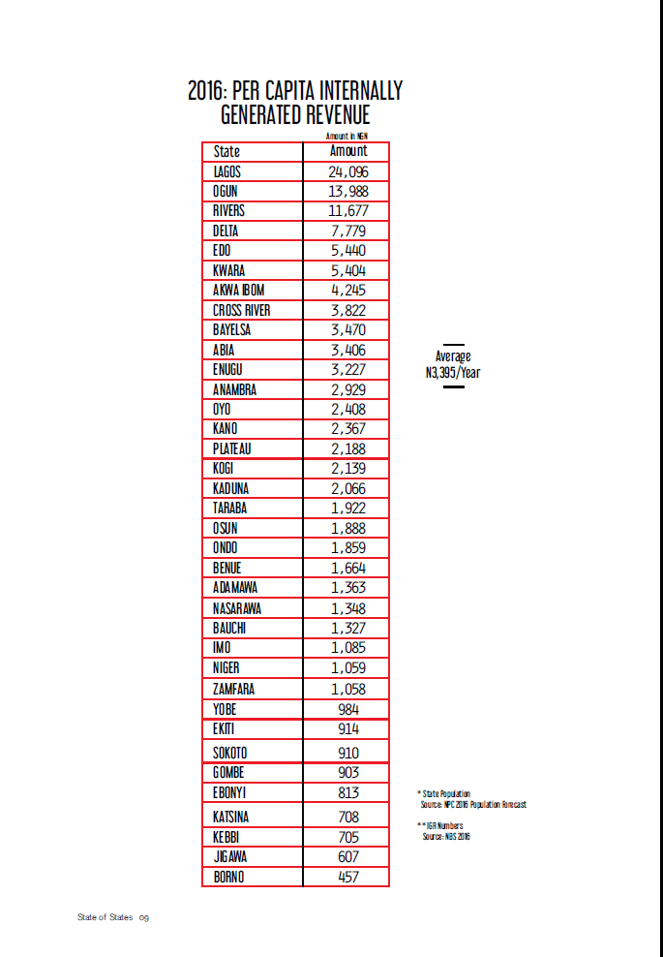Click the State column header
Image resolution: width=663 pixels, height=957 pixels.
coord(226,151)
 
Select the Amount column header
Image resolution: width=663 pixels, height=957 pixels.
coord(348,151)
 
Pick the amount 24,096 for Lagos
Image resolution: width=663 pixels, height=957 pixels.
coord(348,171)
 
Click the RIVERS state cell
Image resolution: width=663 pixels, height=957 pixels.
coord(228,211)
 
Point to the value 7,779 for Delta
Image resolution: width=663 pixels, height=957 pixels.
coord(348,231)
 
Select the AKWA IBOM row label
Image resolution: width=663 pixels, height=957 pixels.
coord(238,291)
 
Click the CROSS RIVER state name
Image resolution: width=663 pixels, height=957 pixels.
coord(241,310)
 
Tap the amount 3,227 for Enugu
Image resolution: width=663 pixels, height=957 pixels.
coord(348,369)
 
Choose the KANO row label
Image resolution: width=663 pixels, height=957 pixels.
coord(226,429)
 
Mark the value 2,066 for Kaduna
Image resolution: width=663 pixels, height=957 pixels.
coord(348,488)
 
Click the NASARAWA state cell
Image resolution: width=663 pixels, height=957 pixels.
coord(237,608)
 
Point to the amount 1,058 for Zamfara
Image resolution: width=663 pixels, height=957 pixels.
coord(348,689)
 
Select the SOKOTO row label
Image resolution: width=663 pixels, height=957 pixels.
coord(230,753)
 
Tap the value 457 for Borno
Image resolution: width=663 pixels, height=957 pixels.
coord(348,877)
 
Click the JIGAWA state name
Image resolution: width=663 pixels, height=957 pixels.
coord(230,856)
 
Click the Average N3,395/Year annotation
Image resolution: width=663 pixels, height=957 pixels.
coord(453,364)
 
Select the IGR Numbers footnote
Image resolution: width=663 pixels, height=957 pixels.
coord(444,831)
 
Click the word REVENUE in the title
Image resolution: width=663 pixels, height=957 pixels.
coord(325,116)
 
